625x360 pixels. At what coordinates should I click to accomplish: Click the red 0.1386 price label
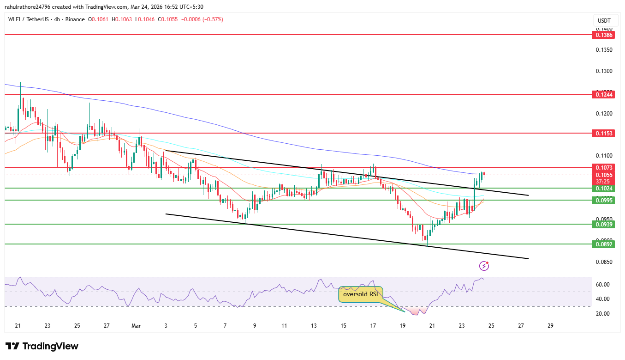coord(604,35)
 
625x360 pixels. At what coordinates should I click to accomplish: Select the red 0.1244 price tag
coord(604,95)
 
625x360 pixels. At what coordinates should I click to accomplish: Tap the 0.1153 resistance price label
coord(604,134)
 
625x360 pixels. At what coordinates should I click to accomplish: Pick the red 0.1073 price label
coord(604,168)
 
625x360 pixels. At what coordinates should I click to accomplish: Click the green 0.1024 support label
coord(604,189)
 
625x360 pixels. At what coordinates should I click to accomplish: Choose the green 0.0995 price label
coord(604,201)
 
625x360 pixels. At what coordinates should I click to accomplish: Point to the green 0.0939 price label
coord(604,224)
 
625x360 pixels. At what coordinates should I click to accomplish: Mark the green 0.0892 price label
coord(604,244)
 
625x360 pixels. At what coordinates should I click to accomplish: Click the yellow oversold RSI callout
coord(361,294)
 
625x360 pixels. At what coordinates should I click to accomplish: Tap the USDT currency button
coord(604,21)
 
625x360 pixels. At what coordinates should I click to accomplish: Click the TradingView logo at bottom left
coord(42,346)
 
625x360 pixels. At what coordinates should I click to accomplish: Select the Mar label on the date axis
coord(136,326)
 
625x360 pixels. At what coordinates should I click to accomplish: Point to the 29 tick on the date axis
coord(550,326)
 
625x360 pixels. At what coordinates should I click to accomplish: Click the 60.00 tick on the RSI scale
coord(603,285)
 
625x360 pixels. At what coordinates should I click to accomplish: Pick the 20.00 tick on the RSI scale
coord(603,314)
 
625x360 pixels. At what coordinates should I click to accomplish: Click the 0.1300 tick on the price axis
coord(604,71)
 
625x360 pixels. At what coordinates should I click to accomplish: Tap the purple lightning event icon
coord(484,266)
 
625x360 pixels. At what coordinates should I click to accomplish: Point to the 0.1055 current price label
coord(604,175)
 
